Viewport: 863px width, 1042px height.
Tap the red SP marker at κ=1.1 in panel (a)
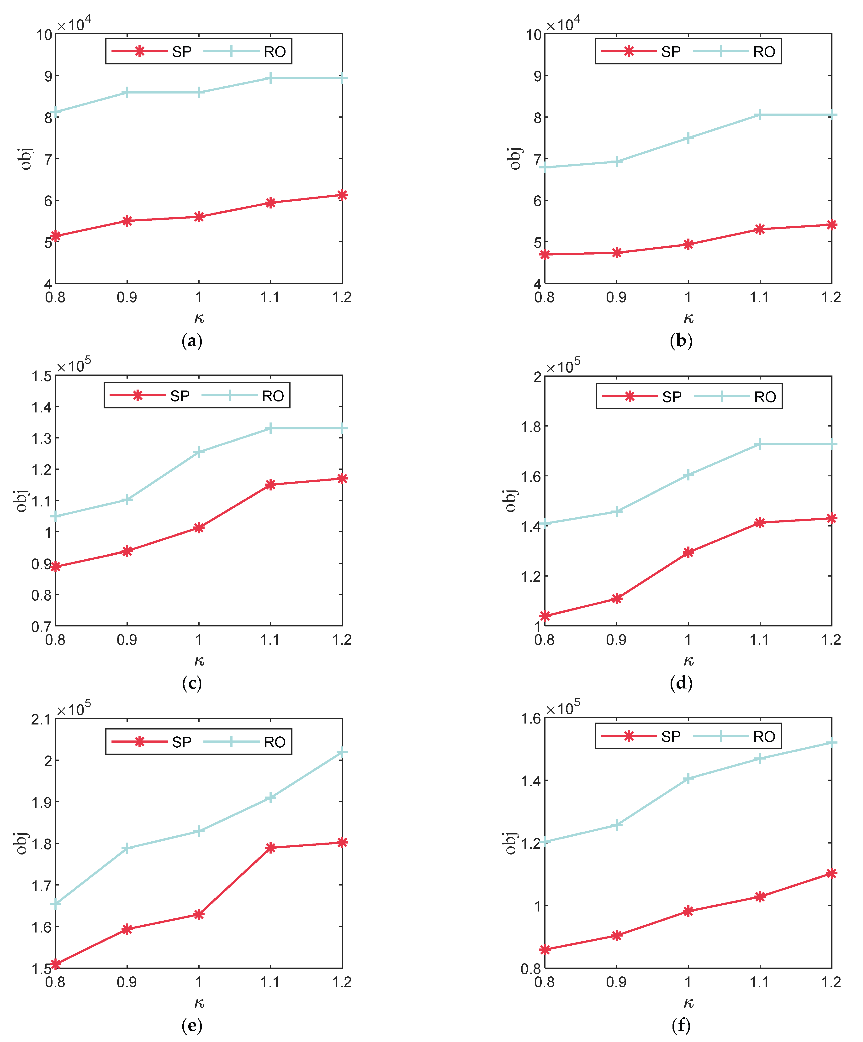tap(270, 203)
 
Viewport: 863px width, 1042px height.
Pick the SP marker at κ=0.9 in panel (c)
tap(127, 551)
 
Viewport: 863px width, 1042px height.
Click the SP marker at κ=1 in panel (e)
tap(199, 914)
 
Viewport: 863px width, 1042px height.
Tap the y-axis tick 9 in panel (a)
tap(48, 76)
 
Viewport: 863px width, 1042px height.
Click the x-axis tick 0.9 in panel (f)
tap(616, 982)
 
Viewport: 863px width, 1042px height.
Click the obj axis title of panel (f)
tap(510, 843)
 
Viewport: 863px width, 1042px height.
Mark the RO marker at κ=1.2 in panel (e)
tap(342, 752)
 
